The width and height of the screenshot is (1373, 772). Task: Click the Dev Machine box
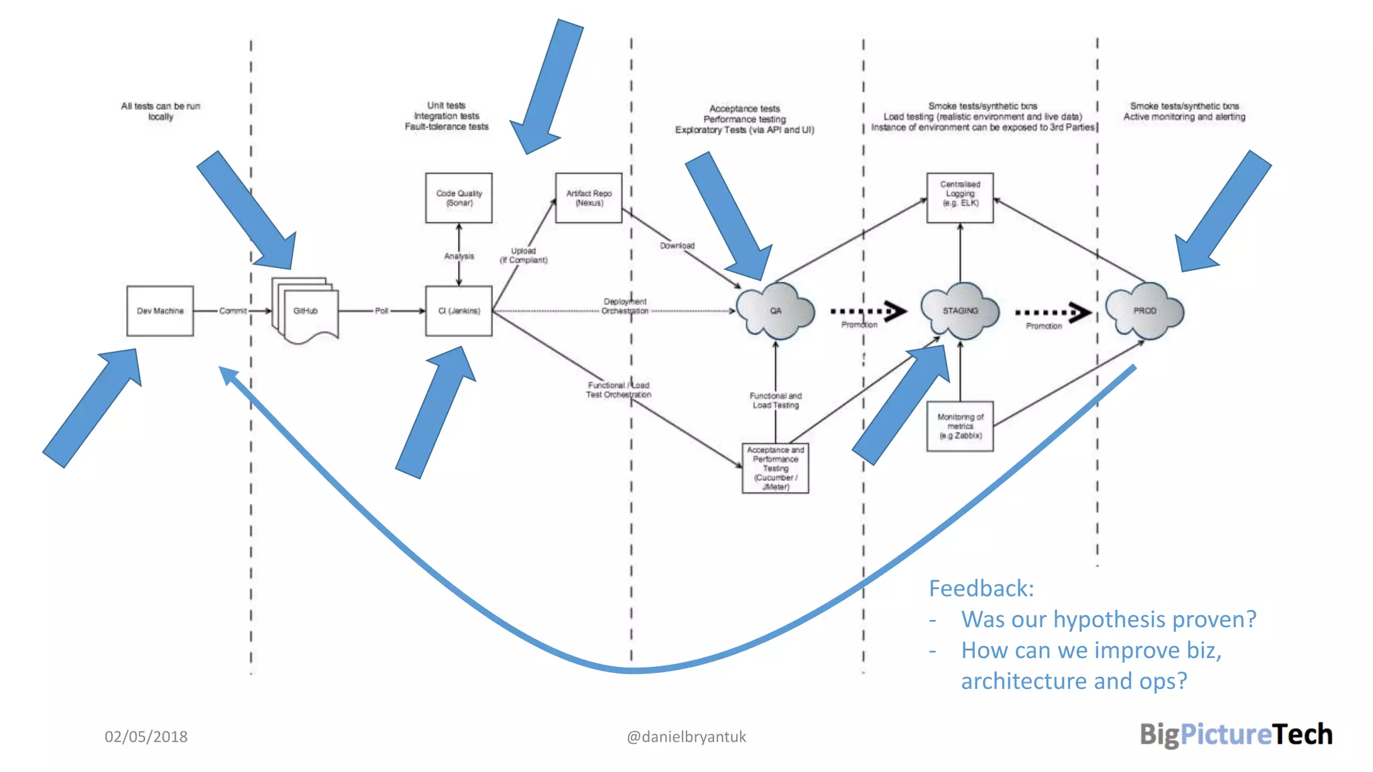[160, 311]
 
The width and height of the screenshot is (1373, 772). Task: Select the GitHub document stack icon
[306, 311]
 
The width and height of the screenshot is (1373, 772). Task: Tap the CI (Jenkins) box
[459, 311]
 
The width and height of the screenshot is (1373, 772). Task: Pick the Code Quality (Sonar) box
[459, 198]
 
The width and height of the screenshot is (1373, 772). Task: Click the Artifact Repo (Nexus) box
[589, 198]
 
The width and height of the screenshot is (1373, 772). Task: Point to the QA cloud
[776, 311]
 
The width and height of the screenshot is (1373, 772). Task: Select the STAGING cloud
[960, 311]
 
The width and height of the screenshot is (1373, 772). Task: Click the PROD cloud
[1144, 311]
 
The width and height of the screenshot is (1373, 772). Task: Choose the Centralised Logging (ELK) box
[960, 198]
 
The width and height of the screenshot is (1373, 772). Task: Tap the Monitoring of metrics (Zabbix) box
[960, 426]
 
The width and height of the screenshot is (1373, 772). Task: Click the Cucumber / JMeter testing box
[776, 468]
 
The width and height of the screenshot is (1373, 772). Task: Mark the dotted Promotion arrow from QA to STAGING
[868, 311]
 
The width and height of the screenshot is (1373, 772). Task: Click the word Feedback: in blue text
[981, 588]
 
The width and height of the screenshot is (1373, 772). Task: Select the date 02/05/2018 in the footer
[146, 736]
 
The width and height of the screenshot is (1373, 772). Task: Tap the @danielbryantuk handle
[686, 736]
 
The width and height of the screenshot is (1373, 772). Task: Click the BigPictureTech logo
[1236, 734]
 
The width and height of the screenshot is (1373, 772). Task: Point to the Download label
[677, 246]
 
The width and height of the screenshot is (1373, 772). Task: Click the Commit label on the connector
[233, 311]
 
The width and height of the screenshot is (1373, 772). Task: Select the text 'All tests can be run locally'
[160, 111]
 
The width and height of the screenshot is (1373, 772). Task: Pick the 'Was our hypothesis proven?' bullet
[1108, 619]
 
